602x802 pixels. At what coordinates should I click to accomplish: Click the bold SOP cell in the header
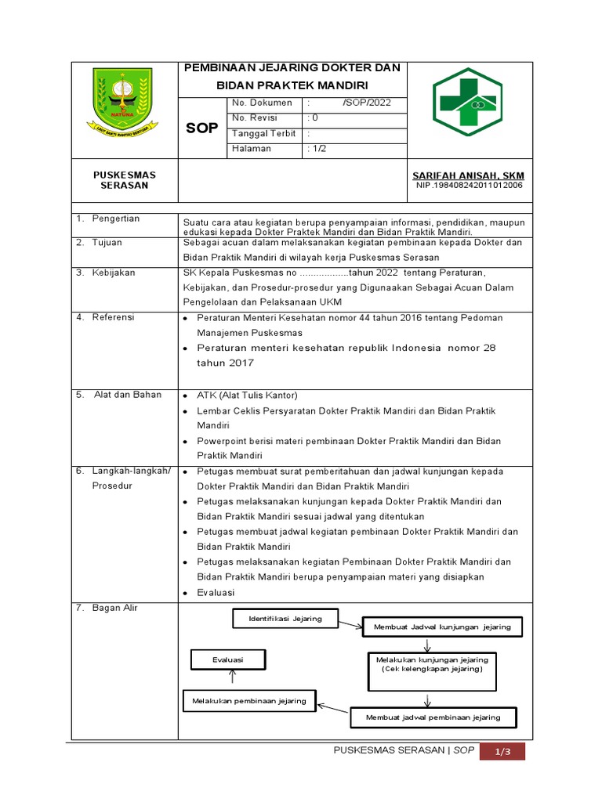pyautogui.click(x=201, y=128)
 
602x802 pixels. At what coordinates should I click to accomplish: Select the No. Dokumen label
pyautogui.click(x=262, y=103)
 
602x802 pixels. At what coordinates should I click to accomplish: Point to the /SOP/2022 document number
pyautogui.click(x=366, y=103)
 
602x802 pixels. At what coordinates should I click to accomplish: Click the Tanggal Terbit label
pyautogui.click(x=263, y=133)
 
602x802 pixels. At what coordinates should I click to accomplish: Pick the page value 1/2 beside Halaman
pyautogui.click(x=319, y=149)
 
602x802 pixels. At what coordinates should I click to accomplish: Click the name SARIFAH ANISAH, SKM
pyautogui.click(x=468, y=175)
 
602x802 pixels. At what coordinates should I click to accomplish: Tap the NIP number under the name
pyautogui.click(x=468, y=186)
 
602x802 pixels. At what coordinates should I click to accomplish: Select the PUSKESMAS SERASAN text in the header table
pyautogui.click(x=125, y=180)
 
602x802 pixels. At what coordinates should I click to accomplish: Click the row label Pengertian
pyautogui.click(x=115, y=219)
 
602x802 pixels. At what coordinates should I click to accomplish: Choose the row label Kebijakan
pyautogui.click(x=114, y=273)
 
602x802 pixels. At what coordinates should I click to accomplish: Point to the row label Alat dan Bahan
pyautogui.click(x=127, y=395)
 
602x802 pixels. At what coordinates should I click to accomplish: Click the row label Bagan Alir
pyautogui.click(x=114, y=608)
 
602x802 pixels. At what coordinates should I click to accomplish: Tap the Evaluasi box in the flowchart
pyautogui.click(x=228, y=660)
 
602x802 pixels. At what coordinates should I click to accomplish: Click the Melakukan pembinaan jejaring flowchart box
pyautogui.click(x=249, y=701)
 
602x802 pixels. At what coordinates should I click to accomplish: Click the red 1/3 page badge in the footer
pyautogui.click(x=502, y=752)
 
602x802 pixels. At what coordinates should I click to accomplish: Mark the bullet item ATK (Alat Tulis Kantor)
pyautogui.click(x=247, y=395)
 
